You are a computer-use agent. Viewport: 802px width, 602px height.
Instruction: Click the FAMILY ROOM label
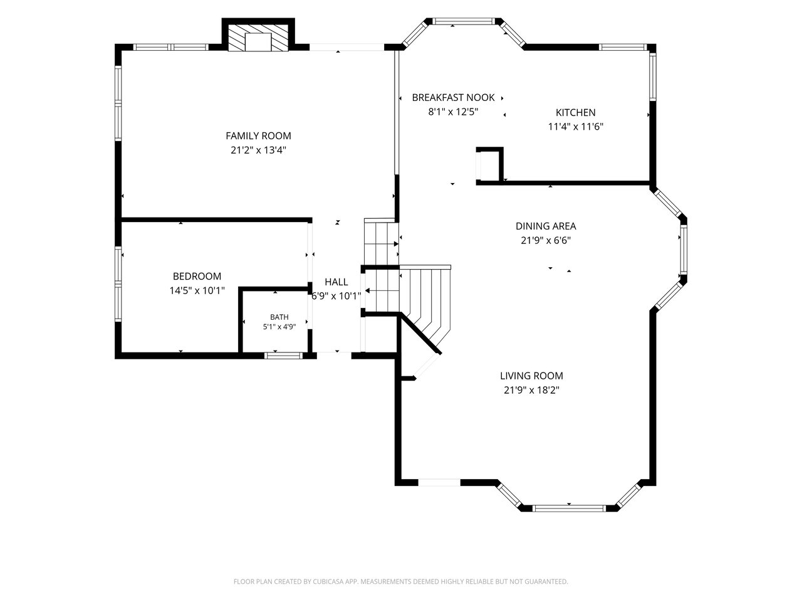pyautogui.click(x=258, y=136)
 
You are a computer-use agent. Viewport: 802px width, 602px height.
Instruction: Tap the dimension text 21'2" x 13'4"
pyautogui.click(x=258, y=150)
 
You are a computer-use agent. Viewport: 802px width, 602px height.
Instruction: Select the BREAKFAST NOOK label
pyautogui.click(x=453, y=98)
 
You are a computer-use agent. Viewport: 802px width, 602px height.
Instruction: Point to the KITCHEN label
pyautogui.click(x=575, y=113)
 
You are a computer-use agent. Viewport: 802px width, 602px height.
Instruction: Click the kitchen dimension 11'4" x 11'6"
pyautogui.click(x=575, y=127)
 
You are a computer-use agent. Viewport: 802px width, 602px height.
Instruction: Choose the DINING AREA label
pyautogui.click(x=546, y=226)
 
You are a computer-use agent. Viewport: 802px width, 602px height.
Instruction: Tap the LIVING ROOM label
pyautogui.click(x=531, y=376)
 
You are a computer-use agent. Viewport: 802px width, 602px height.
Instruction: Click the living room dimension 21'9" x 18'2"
pyautogui.click(x=531, y=391)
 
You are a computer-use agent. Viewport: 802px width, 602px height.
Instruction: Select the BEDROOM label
pyautogui.click(x=197, y=277)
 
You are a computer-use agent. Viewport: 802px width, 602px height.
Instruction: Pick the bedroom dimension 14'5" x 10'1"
pyautogui.click(x=197, y=290)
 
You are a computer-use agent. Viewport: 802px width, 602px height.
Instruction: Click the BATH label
pyautogui.click(x=279, y=317)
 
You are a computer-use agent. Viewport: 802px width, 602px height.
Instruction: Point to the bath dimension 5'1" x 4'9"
pyautogui.click(x=279, y=327)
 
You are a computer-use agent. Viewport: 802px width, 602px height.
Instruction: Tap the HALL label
pyautogui.click(x=336, y=282)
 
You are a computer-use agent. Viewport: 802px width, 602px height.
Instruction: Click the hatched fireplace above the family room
pyautogui.click(x=258, y=38)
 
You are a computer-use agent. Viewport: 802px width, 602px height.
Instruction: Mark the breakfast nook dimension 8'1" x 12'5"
pyautogui.click(x=453, y=112)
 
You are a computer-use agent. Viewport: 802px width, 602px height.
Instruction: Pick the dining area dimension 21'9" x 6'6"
pyautogui.click(x=546, y=241)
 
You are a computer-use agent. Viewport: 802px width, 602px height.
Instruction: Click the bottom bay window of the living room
pyautogui.click(x=569, y=509)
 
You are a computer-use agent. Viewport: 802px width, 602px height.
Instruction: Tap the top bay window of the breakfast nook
pyautogui.click(x=464, y=21)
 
